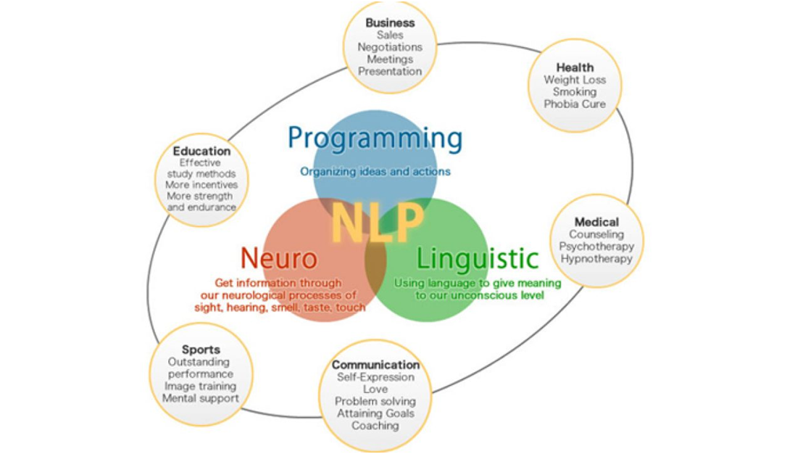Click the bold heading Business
390,22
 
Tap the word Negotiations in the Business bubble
390,46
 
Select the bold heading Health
575,67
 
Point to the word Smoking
575,92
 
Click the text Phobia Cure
575,104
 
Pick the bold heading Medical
596,222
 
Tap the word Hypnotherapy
596,259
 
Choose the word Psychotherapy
596,247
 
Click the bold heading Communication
375,365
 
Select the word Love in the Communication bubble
375,389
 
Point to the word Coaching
375,425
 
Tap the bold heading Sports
201,350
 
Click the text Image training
200,387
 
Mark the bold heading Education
201,151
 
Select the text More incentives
201,185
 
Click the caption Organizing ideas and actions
375,172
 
